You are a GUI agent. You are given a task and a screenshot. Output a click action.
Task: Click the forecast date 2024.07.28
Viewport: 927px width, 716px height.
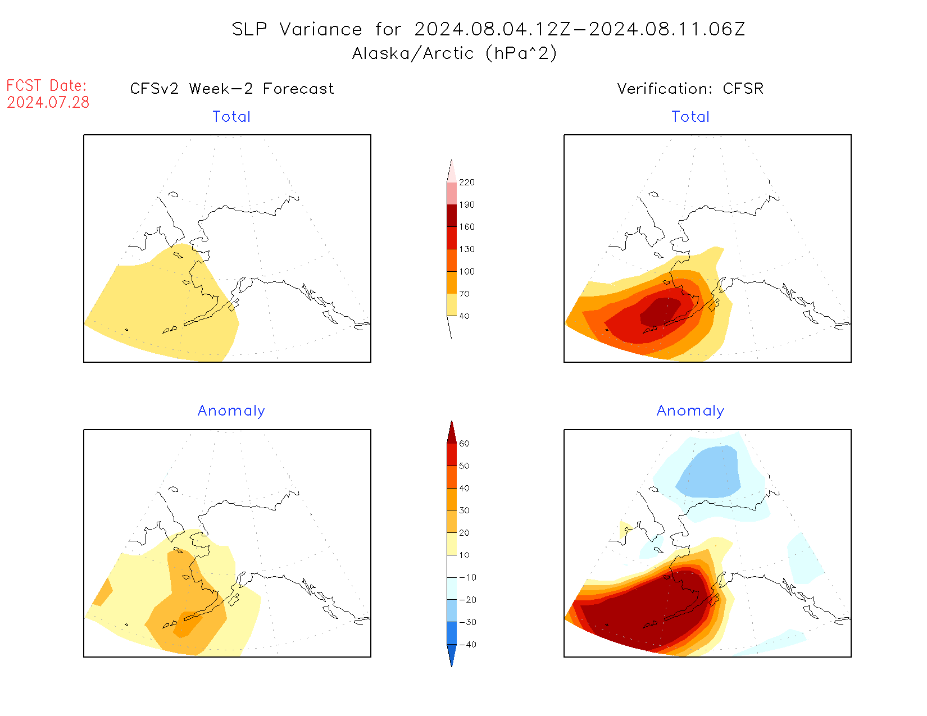(48, 102)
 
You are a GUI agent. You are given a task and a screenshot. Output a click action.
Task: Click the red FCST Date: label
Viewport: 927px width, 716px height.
(47, 85)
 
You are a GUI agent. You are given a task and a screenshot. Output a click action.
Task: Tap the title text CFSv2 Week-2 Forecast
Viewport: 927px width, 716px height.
(231, 89)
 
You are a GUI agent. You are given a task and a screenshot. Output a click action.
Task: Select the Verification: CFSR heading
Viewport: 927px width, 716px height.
(690, 89)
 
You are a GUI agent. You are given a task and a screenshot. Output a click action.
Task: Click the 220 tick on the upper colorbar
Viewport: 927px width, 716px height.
(466, 183)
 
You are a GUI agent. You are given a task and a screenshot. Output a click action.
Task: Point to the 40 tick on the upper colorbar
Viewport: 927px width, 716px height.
(464, 316)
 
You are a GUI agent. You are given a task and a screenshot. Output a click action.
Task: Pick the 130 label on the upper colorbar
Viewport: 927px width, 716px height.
(466, 249)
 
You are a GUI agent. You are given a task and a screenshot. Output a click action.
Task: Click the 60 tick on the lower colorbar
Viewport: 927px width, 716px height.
(464, 444)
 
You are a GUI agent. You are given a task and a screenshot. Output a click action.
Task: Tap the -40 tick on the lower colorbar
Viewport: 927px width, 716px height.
(467, 645)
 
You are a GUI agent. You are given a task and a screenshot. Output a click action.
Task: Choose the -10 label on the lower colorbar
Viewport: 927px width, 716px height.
(467, 577)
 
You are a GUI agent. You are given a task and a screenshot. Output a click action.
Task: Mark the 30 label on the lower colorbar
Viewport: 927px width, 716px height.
(464, 510)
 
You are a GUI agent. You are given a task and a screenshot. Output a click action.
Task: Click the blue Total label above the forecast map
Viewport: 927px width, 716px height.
(231, 117)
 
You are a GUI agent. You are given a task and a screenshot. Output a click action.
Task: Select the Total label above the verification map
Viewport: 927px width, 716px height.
(690, 117)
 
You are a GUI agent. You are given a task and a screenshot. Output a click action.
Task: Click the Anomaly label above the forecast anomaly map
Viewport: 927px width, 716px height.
(231, 411)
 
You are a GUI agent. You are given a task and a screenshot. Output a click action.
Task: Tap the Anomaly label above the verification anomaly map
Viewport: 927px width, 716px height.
(690, 411)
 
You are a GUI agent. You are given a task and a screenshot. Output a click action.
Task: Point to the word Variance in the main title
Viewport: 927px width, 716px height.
(321, 29)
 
